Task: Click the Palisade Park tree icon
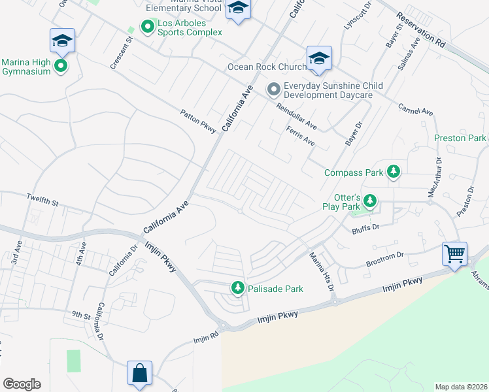(238, 287)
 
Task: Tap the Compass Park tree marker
(393, 172)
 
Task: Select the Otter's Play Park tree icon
(371, 201)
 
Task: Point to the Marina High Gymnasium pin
(61, 66)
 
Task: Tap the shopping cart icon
(454, 253)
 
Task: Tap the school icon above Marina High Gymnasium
(63, 41)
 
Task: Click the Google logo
(22, 384)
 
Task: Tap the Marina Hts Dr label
(322, 272)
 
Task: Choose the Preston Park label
(460, 138)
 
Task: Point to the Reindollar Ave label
(296, 116)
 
